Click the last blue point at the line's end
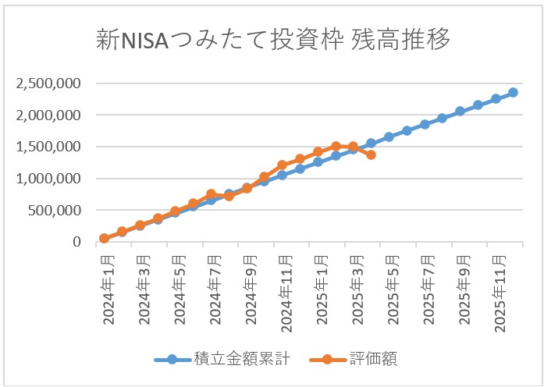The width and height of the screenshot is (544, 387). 513,92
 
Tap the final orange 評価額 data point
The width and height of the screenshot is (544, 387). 371,154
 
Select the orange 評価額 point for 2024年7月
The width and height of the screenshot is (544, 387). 211,194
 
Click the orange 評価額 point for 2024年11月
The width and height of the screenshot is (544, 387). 282,165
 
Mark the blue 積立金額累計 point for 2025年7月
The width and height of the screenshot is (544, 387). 425,124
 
